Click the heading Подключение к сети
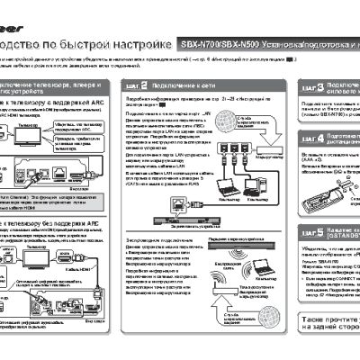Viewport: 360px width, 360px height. point(178,85)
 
